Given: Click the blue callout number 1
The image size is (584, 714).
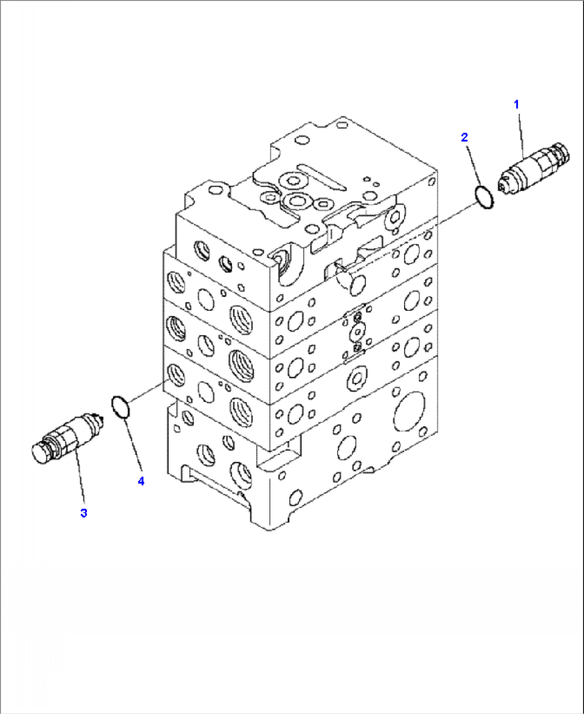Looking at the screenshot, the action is [516, 105].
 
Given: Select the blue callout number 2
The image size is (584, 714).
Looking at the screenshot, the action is [465, 137].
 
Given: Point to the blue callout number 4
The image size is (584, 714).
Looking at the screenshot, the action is [141, 481].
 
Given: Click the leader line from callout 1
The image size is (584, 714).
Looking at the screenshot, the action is [520, 134].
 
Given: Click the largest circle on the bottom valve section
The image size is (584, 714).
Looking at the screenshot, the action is [410, 412].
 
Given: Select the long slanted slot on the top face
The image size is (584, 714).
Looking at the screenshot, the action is [321, 177].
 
